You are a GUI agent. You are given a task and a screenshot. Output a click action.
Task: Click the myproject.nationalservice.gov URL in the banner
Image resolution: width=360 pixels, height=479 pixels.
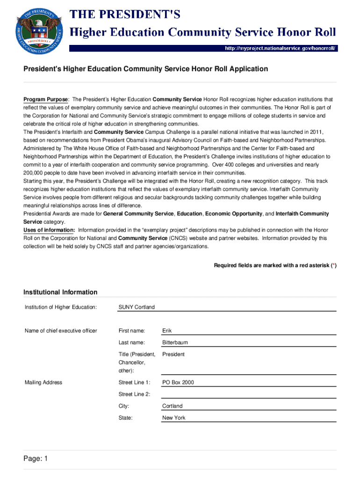[280, 48]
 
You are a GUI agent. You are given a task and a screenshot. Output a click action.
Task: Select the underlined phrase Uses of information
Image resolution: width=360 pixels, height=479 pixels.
[49, 230]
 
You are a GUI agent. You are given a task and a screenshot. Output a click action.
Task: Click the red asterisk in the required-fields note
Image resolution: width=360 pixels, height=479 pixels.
[333, 266]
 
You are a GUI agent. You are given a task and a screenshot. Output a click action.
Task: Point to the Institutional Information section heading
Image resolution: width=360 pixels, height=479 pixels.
[61, 292]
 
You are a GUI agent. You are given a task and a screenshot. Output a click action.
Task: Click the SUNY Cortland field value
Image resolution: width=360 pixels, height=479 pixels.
[137, 307]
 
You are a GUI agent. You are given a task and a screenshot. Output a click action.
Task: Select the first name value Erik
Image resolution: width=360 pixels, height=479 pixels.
[167, 331]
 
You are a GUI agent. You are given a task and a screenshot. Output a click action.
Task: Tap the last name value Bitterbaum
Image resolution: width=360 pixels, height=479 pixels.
[175, 342]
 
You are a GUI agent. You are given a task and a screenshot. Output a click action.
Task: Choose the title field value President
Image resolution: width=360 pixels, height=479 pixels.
[173, 354]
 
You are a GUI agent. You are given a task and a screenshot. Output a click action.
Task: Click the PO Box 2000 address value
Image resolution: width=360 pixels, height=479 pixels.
[178, 383]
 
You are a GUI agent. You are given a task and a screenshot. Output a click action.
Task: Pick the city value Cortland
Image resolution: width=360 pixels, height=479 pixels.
[173, 406]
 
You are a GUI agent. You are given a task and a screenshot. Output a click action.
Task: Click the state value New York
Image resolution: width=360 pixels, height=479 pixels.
[174, 418]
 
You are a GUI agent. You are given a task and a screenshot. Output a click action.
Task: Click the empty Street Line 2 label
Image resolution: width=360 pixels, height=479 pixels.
[135, 394]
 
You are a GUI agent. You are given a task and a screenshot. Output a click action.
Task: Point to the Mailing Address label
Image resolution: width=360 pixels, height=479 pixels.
[43, 383]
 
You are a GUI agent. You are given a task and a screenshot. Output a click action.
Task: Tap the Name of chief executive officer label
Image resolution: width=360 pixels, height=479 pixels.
[61, 331]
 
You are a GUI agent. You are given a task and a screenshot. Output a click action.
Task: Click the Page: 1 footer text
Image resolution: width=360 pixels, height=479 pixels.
[36, 459]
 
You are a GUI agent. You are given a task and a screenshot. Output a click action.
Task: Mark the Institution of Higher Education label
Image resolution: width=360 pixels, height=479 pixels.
[61, 307]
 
